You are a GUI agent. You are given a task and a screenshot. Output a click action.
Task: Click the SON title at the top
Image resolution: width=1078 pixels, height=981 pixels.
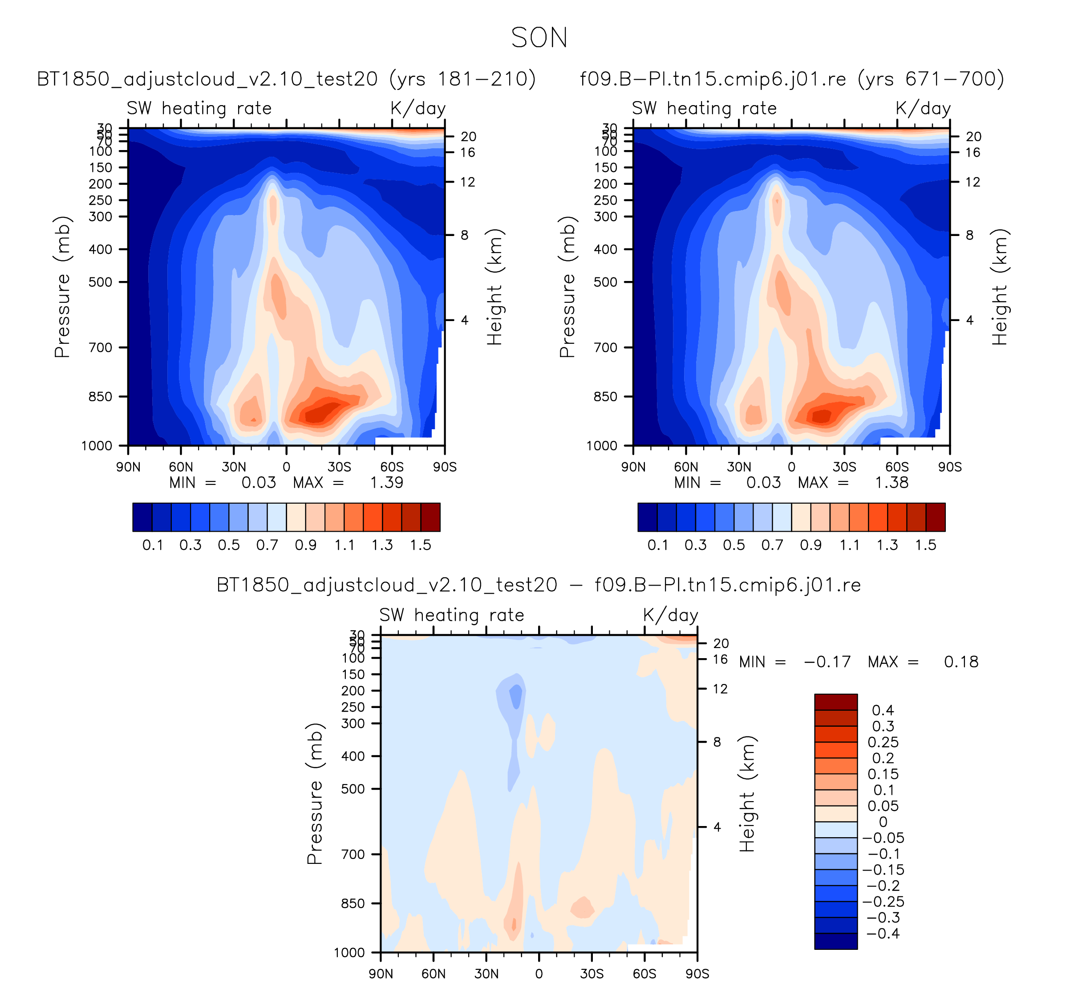pyautogui.click(x=539, y=38)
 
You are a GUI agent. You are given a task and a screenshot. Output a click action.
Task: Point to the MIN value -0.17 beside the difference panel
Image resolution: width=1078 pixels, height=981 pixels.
pyautogui.click(x=827, y=662)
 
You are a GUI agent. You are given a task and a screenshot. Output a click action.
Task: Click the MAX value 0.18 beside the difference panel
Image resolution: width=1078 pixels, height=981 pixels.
pyautogui.click(x=961, y=662)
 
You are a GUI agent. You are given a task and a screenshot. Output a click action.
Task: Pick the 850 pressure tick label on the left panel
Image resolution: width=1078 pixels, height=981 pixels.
pyautogui.click(x=101, y=397)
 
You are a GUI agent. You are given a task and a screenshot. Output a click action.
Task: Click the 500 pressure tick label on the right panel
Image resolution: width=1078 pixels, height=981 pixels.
pyautogui.click(x=605, y=282)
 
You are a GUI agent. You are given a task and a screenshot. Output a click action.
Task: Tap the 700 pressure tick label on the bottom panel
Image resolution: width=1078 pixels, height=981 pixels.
pyautogui.click(x=353, y=854)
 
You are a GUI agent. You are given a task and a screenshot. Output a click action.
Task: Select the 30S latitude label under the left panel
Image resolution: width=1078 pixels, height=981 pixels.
pyautogui.click(x=340, y=467)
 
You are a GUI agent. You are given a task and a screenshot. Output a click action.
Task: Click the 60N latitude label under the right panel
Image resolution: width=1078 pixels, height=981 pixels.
pyautogui.click(x=686, y=467)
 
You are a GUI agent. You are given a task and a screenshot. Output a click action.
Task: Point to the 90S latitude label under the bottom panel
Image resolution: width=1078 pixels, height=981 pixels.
pyautogui.click(x=697, y=973)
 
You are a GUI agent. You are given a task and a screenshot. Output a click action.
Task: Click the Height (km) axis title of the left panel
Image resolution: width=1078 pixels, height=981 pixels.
pyautogui.click(x=494, y=287)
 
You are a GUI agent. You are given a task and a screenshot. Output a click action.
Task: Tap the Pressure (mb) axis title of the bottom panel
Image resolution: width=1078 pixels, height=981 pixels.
pyautogui.click(x=315, y=794)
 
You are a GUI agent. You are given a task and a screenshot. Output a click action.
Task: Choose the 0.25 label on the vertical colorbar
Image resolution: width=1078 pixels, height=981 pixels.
pyautogui.click(x=883, y=742)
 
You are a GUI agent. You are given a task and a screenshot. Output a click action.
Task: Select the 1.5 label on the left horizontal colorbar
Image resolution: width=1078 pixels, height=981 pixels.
pyautogui.click(x=421, y=545)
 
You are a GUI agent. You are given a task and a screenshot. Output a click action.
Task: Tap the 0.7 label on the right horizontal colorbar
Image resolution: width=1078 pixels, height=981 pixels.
pyautogui.click(x=772, y=545)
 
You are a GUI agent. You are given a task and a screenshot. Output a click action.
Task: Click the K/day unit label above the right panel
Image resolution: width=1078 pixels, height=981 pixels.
pyautogui.click(x=923, y=109)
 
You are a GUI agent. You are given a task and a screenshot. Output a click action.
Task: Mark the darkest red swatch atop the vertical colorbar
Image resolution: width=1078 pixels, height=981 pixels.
pyautogui.click(x=836, y=702)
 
